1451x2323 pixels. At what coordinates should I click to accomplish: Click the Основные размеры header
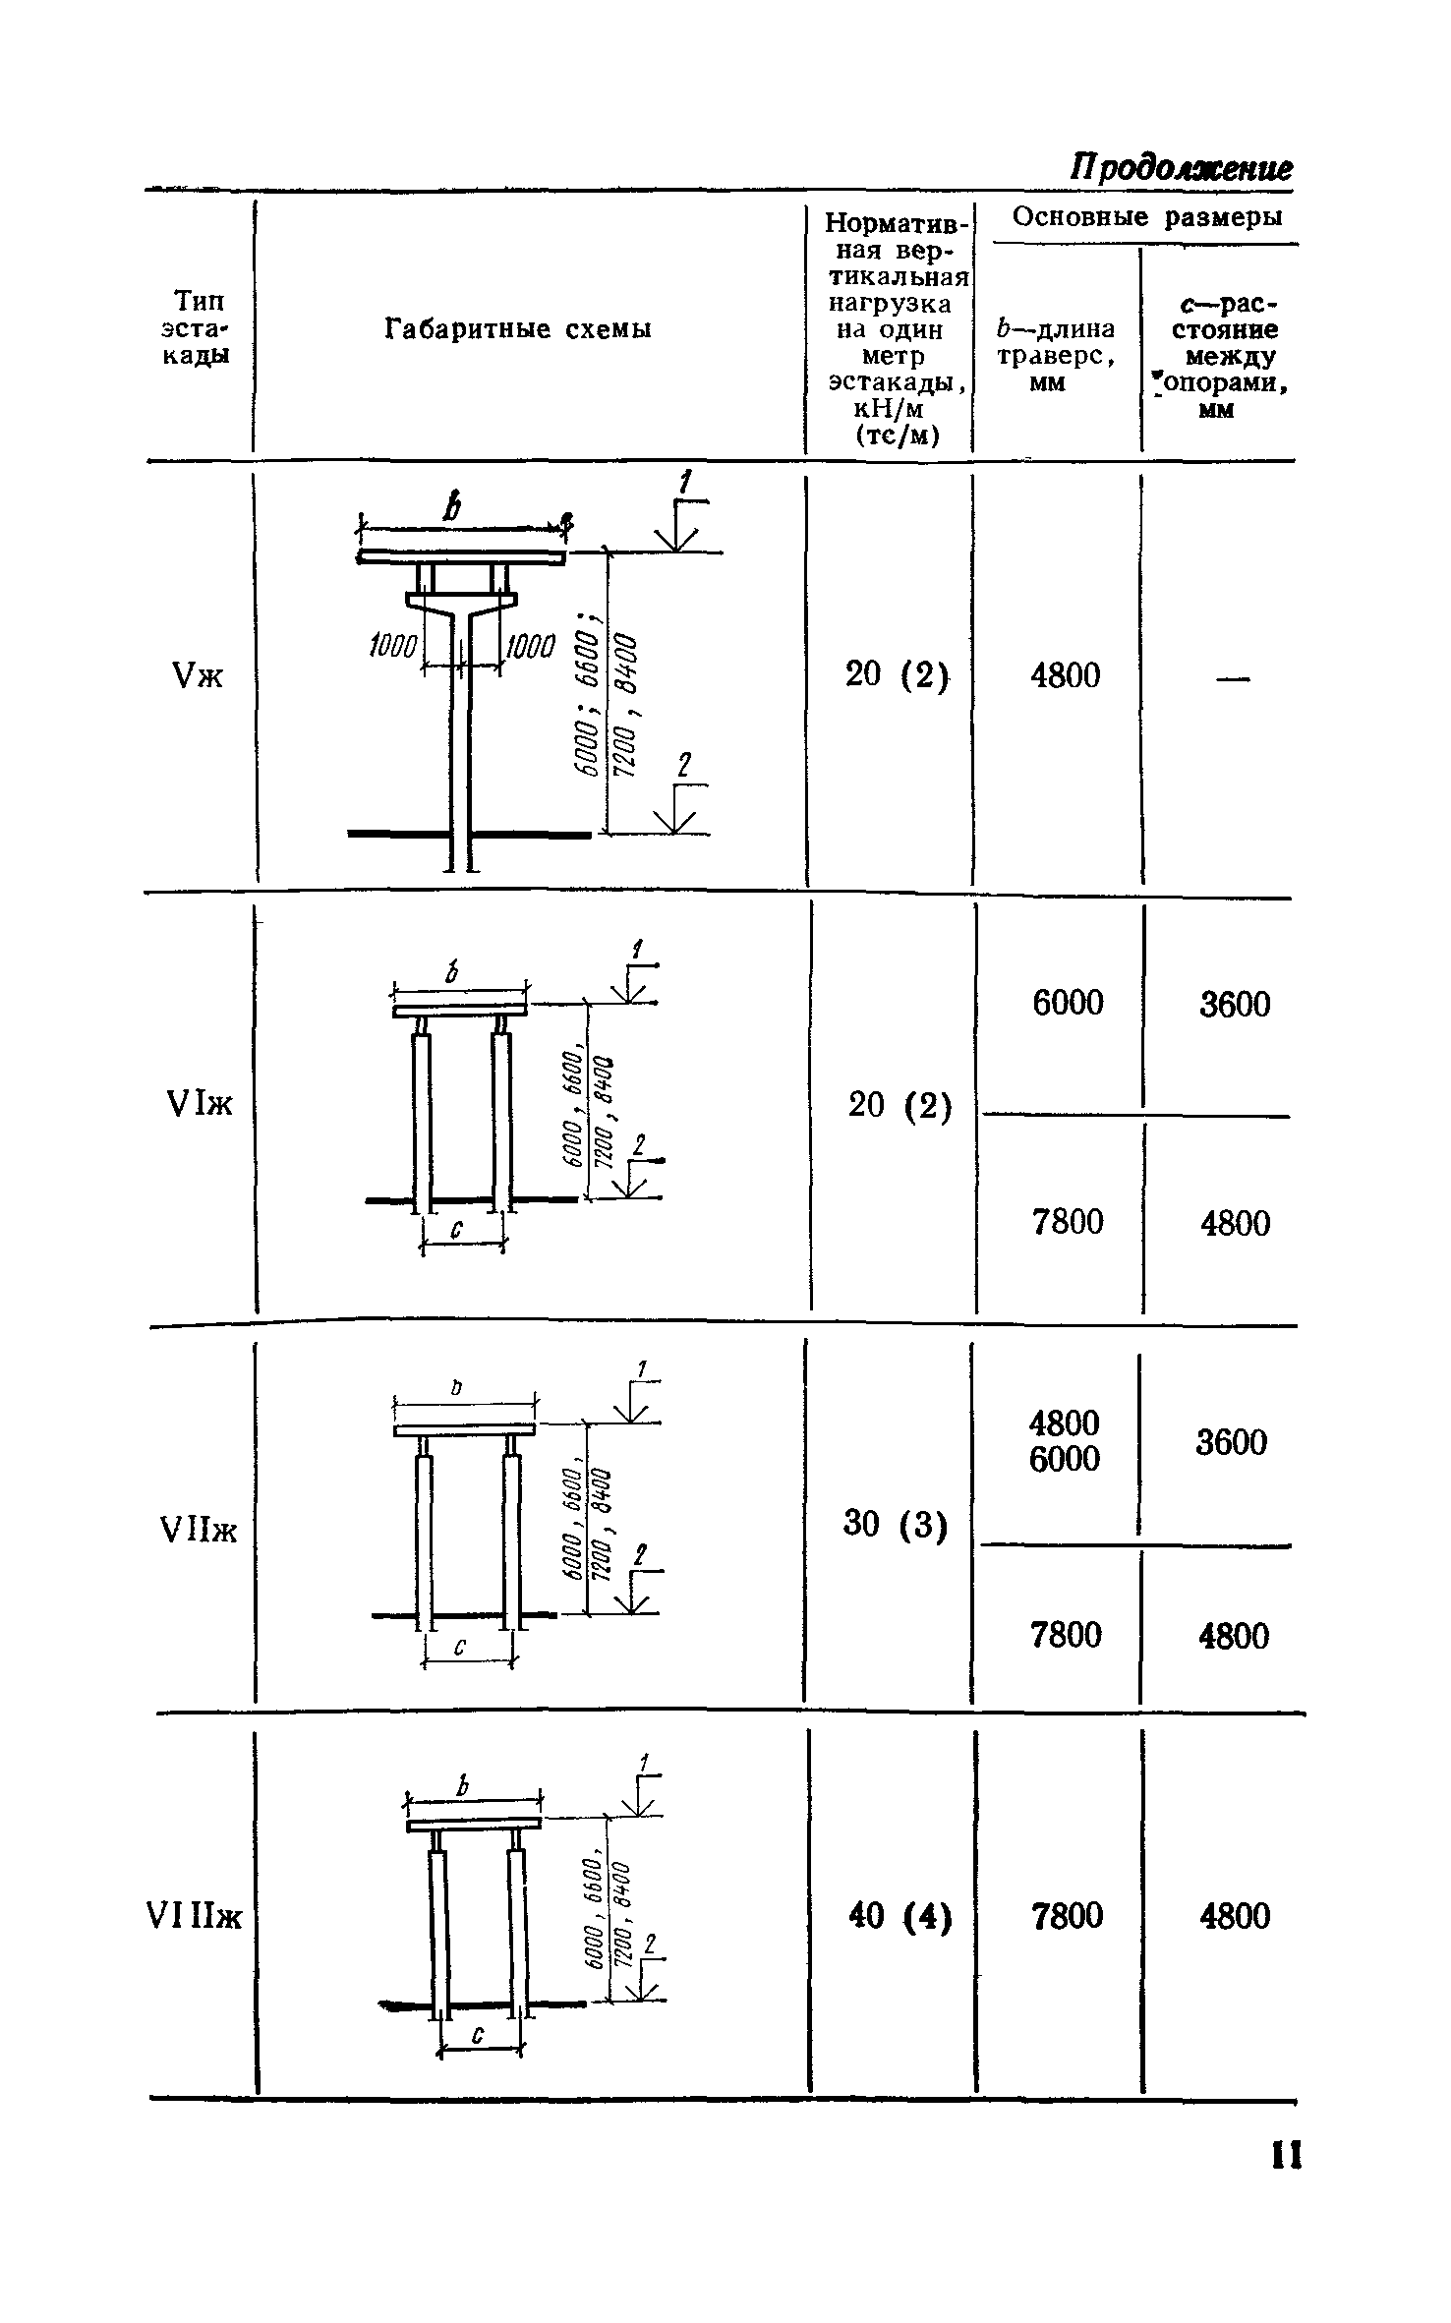1147,216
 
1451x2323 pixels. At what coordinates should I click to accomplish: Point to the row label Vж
198,676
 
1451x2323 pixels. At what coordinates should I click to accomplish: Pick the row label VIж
201,1105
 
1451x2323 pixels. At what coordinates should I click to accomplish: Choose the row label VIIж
198,1531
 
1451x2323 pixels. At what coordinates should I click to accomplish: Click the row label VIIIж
194,1917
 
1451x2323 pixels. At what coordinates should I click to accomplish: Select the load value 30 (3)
896,1525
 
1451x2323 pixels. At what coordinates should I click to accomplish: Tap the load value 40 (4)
899,1916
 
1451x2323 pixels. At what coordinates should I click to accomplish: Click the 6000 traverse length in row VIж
1068,1004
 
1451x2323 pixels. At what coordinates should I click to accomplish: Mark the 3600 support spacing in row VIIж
1232,1443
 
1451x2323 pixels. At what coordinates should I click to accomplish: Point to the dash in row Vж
1236,676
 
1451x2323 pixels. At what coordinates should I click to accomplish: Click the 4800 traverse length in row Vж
1065,675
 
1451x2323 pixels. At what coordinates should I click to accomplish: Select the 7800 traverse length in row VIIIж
1068,1916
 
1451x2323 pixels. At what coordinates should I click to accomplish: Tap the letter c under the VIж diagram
457,1229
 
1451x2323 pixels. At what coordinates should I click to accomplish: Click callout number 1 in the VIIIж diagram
644,1764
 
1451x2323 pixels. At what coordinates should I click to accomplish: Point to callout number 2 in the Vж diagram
685,766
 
